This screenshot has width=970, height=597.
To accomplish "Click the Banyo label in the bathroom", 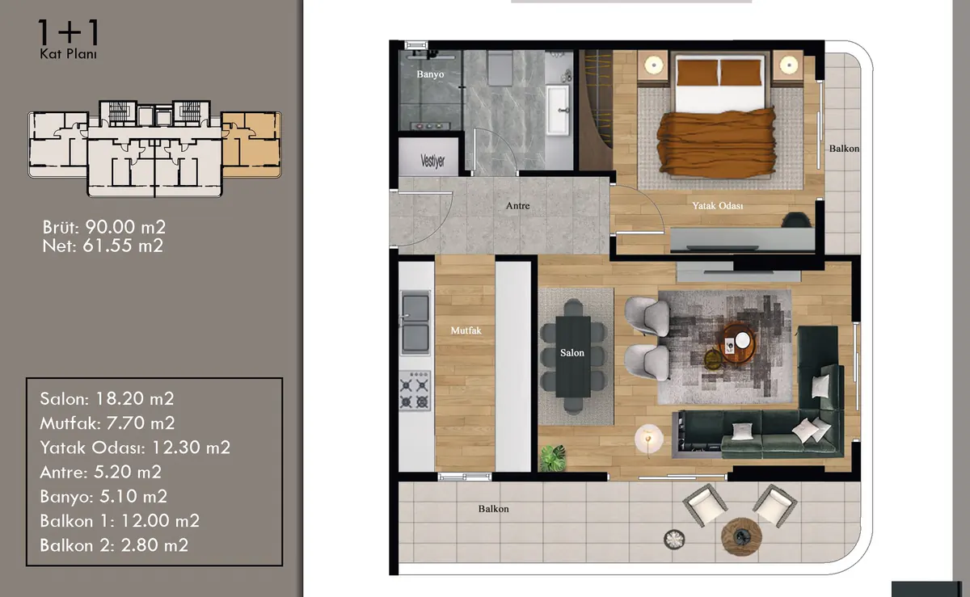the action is coord(430,74).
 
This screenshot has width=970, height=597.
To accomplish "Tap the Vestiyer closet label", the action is coord(432,161).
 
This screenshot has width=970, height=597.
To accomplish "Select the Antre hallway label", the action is coord(517,206).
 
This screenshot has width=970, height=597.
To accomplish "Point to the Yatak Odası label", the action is coord(718,206).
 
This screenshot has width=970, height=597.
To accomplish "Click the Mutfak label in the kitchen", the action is coord(466,330).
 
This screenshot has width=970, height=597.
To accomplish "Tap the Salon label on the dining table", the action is coord(572,353).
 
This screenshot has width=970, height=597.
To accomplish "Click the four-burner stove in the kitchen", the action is coord(415,390).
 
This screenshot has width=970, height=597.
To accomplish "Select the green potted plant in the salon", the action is coord(553,457).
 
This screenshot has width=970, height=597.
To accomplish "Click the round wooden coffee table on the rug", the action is coord(739,343).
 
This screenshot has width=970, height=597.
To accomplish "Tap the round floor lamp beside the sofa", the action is coord(648,439).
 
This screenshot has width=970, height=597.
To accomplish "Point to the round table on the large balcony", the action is coord(741,537).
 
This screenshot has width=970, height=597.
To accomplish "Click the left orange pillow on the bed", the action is coord(697,71).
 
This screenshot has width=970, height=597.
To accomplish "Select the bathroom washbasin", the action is coord(559,111).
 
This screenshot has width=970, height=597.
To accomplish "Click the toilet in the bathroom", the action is coord(501,69).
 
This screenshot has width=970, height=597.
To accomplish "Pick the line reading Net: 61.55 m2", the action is coord(103,246).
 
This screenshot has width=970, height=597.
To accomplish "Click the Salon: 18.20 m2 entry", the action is coord(107,399).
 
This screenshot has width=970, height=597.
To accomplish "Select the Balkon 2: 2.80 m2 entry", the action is coord(114,545).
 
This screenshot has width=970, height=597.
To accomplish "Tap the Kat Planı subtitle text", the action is coord(68,54).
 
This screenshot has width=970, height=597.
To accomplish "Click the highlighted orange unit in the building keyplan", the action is coord(251,145).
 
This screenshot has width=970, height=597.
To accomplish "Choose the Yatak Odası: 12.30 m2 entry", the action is coord(135,448).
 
